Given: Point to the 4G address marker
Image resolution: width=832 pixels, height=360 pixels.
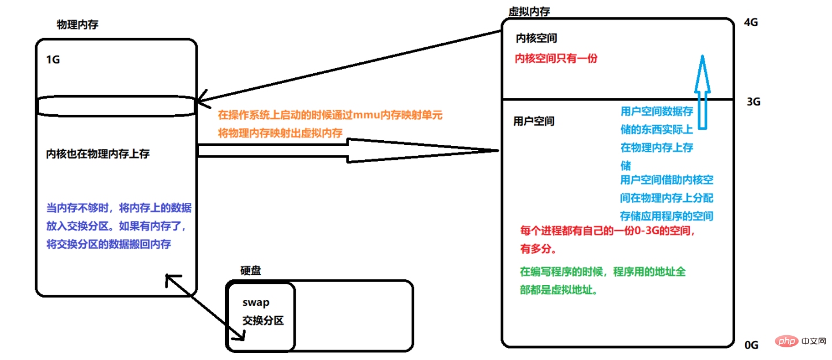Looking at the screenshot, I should coord(751,22).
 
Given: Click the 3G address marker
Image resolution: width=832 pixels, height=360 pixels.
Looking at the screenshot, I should coord(753,102).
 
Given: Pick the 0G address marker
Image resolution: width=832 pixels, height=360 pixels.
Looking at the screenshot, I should coord(751,345).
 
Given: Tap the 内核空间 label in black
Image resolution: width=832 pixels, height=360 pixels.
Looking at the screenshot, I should coord(536,39).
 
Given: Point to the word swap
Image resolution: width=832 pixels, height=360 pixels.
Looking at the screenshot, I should coord(256,302).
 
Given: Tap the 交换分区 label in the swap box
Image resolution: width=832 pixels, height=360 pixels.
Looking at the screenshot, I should coord(263,321).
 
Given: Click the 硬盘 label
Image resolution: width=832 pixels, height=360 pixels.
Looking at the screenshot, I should coord(250,271).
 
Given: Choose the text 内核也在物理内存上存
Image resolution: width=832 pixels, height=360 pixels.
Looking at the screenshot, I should coord(98,154).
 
